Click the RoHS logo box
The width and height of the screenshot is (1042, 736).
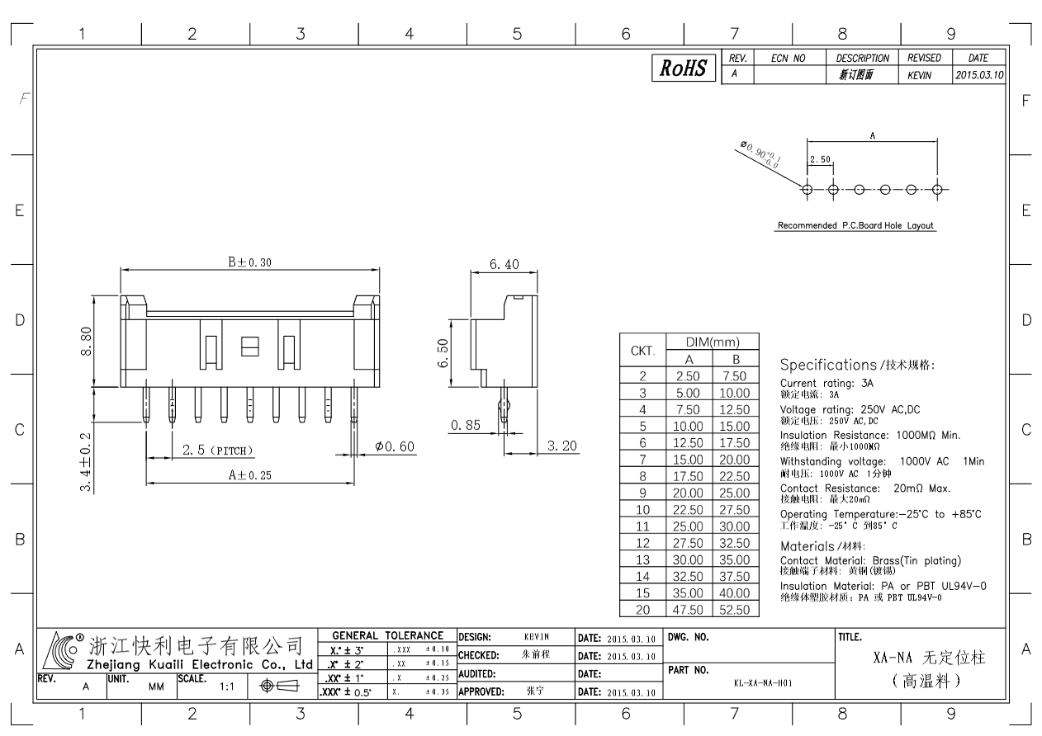tap(684, 68)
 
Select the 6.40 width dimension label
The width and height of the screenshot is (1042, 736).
tap(504, 265)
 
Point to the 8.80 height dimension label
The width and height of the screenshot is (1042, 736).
tap(86, 342)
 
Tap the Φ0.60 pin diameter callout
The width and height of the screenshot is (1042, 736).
tap(395, 446)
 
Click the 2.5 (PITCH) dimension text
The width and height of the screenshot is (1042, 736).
tap(217, 450)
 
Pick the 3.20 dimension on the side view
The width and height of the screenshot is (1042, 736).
tap(562, 446)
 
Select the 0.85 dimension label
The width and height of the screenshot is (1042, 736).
tap(465, 425)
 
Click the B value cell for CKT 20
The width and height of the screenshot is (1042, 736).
tap(735, 610)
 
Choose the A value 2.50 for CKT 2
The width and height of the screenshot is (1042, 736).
tap(689, 375)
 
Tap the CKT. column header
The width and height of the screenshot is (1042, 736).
tap(642, 351)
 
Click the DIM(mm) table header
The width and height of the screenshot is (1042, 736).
tap(713, 342)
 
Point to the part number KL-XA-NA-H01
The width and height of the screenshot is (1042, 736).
tap(763, 683)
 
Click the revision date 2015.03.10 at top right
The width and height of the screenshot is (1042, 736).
tap(979, 75)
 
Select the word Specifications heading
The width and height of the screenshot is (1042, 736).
tap(828, 365)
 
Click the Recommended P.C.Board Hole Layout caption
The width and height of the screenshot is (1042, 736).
tap(855, 225)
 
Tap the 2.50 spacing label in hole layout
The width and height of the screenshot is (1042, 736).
tap(820, 159)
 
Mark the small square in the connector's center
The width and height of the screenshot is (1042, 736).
tap(250, 347)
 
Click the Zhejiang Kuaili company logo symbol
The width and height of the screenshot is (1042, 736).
tap(60, 650)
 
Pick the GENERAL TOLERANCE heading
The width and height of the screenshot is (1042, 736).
tap(387, 635)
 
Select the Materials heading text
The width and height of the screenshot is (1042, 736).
tap(807, 546)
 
